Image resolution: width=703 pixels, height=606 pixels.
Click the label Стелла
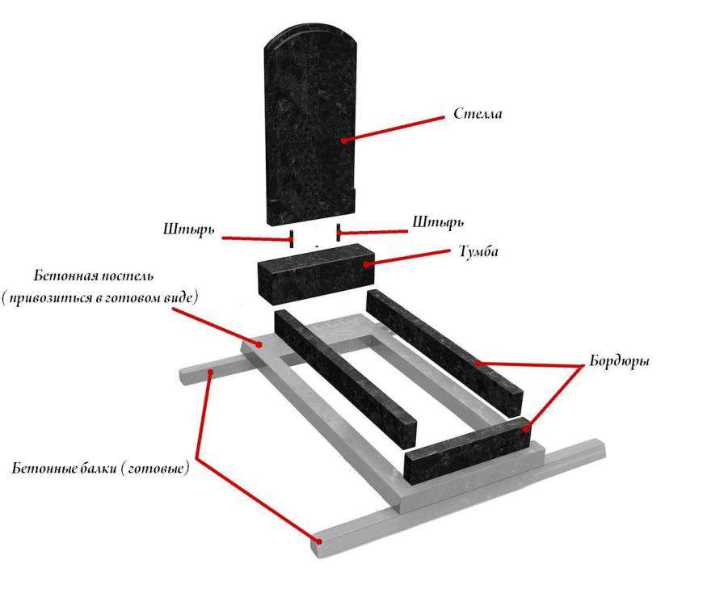478,114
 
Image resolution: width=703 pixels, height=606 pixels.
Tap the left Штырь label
188,229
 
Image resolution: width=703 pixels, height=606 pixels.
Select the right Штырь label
438,222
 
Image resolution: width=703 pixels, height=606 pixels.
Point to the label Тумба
478,251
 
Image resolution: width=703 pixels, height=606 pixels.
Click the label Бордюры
619,361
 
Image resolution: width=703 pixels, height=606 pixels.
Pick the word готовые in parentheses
155,469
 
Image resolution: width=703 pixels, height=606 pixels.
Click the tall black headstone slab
310,124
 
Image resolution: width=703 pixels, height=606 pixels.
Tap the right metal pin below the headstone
338,232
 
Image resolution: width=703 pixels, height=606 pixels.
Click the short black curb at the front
468,451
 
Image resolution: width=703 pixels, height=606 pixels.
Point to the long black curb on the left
345,378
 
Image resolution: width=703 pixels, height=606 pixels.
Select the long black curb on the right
444,352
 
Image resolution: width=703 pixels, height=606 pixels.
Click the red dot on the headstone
344,141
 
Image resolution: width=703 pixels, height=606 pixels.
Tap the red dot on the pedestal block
366,264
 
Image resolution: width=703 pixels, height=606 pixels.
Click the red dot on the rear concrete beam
210,372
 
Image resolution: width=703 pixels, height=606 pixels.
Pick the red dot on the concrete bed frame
259,344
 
